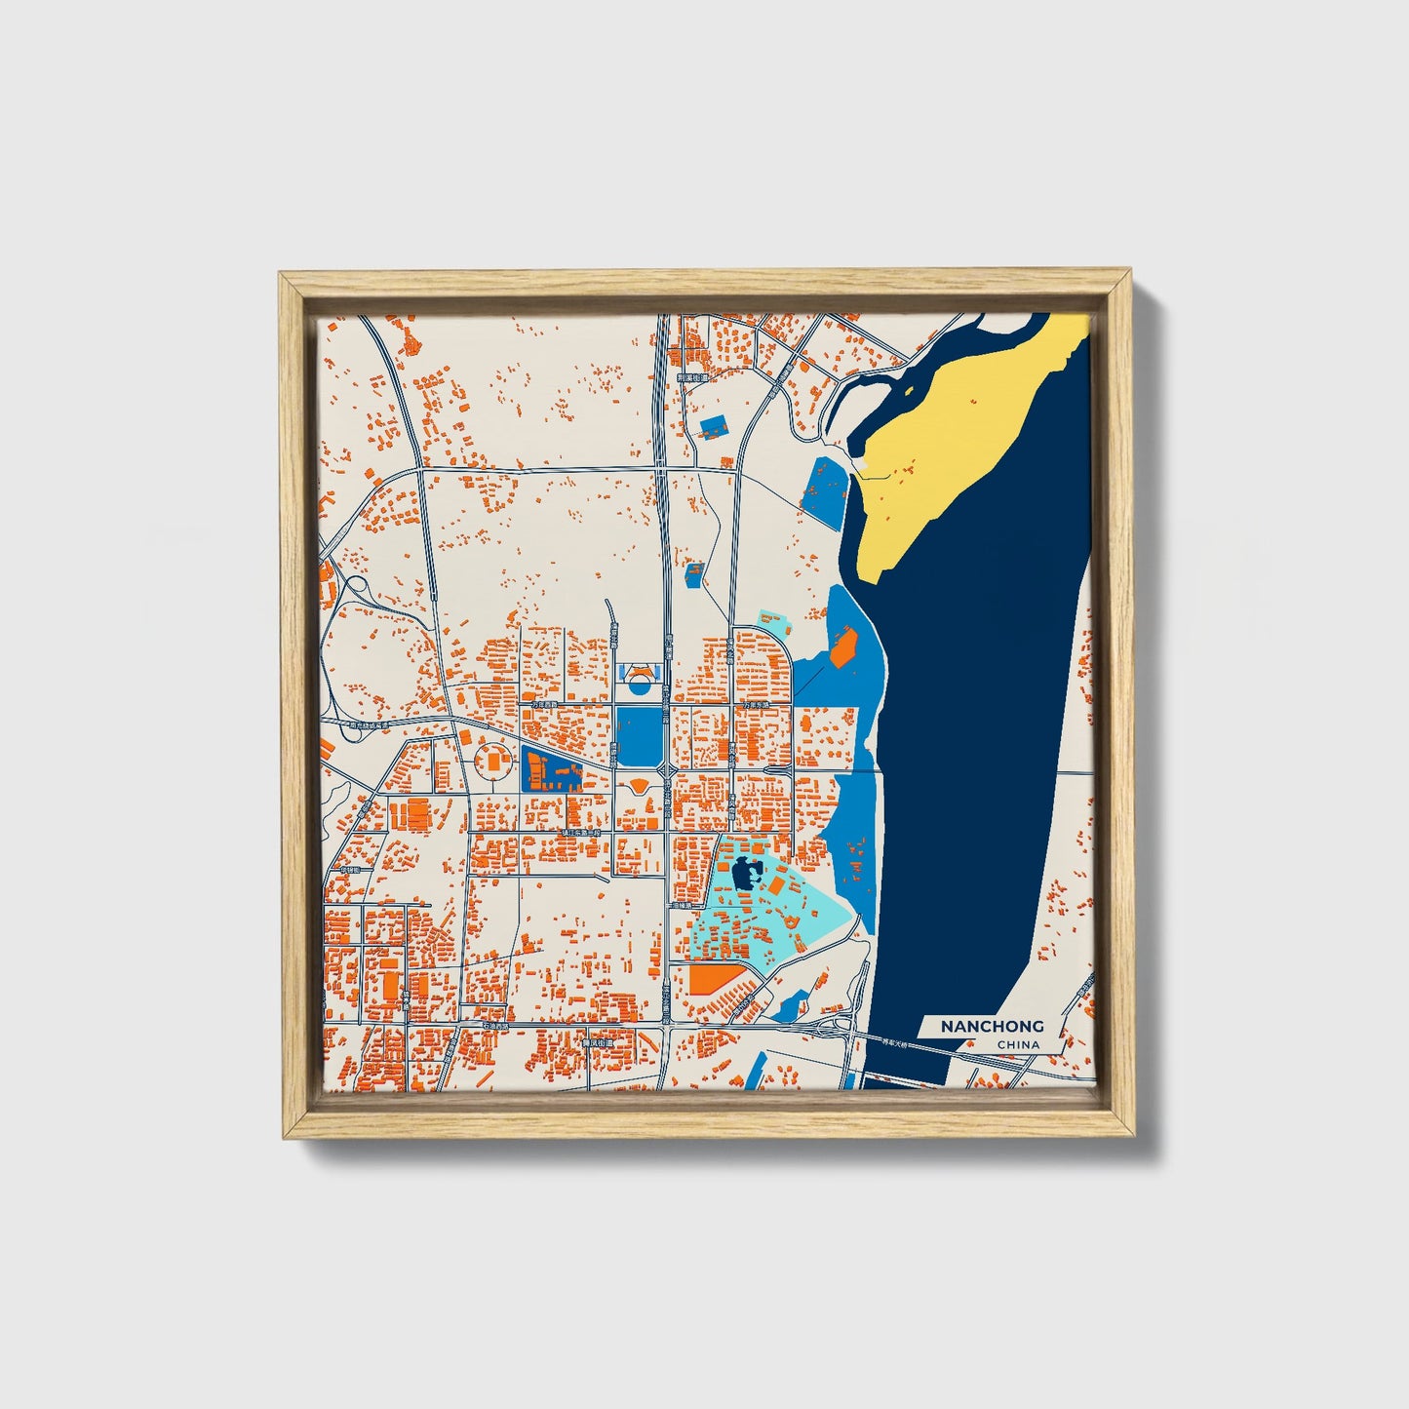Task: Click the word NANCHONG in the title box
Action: click(x=992, y=1026)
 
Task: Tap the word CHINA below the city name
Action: click(x=1018, y=1045)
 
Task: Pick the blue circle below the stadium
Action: click(x=639, y=685)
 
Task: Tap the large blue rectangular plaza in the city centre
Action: click(x=638, y=737)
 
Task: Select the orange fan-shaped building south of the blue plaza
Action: click(x=638, y=784)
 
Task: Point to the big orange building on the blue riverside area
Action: click(x=842, y=646)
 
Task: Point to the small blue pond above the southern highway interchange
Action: click(x=792, y=1004)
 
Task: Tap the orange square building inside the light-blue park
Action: click(x=778, y=885)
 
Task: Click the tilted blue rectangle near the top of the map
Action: click(x=715, y=425)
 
